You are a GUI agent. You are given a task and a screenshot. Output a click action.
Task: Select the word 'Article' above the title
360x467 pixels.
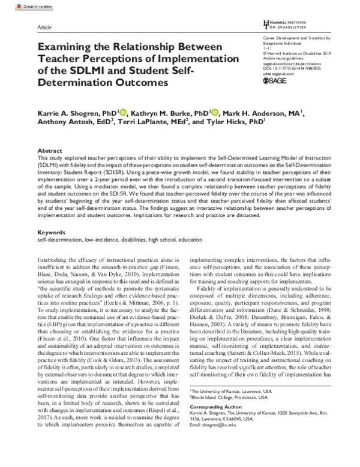coord(44,28)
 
